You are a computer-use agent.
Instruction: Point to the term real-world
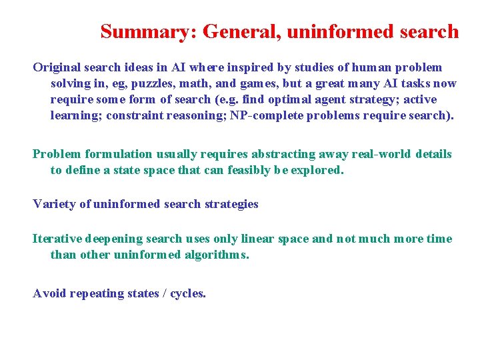tap(379, 154)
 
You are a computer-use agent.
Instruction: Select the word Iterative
tap(57, 239)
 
